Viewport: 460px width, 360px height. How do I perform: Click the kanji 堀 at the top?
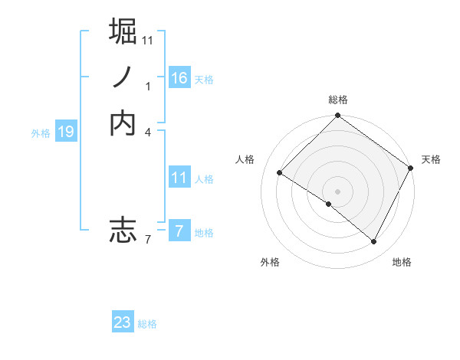[x=123, y=31]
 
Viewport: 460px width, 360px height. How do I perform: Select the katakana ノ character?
[x=123, y=77]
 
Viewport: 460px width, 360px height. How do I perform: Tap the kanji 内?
[x=123, y=123]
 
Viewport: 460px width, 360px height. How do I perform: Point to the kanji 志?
[x=123, y=230]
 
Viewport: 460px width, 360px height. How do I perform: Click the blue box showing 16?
[x=179, y=78]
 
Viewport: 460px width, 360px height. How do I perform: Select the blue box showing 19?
[x=66, y=133]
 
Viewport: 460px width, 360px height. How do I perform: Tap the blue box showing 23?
[x=123, y=322]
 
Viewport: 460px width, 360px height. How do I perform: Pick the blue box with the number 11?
[x=179, y=178]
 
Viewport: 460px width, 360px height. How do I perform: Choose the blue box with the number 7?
[x=179, y=231]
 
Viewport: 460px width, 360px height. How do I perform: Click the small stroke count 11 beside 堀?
[x=148, y=39]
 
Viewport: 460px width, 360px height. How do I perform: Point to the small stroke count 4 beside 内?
[x=147, y=132]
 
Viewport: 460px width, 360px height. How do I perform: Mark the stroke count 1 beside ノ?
[x=148, y=86]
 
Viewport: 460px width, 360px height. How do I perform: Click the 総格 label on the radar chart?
[x=338, y=100]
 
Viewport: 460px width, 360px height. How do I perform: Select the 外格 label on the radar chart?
[x=270, y=263]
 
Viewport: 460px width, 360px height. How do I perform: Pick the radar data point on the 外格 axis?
[x=329, y=204]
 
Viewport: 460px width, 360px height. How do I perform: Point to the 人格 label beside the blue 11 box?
[x=204, y=179]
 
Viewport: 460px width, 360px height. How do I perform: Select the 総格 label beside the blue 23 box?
[x=147, y=324]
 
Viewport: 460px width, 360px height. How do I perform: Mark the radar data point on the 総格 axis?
[x=338, y=116]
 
